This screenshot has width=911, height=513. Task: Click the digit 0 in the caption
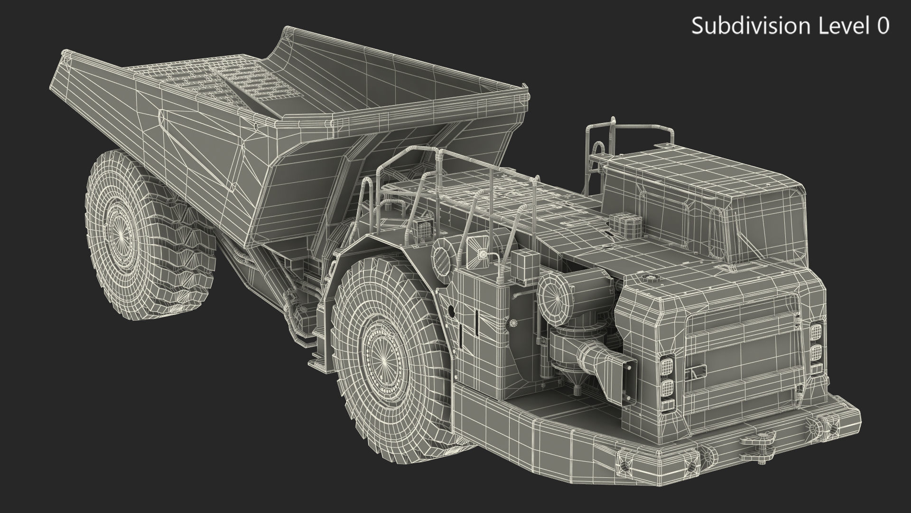883,26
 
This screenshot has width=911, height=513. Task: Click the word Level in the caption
838,26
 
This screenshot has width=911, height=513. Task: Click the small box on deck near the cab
624,221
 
